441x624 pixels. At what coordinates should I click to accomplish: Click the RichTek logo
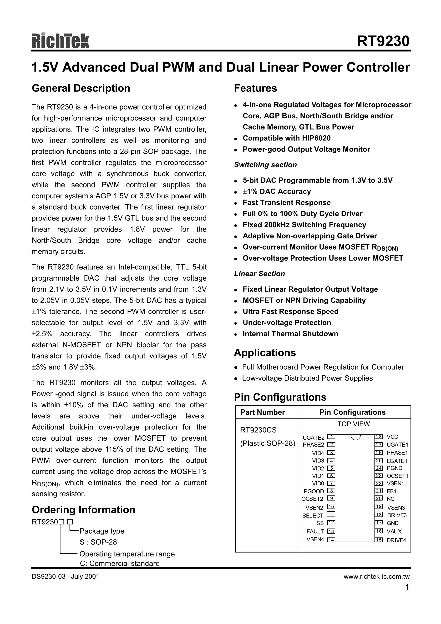pyautogui.click(x=60, y=41)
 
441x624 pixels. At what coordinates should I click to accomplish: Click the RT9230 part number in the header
pyautogui.click(x=383, y=41)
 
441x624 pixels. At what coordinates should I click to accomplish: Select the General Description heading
pyautogui.click(x=81, y=88)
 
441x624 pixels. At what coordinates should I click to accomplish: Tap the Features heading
pyautogui.click(x=255, y=88)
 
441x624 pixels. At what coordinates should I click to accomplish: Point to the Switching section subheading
pyautogui.click(x=265, y=165)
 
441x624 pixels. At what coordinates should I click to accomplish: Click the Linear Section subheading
pyautogui.click(x=259, y=274)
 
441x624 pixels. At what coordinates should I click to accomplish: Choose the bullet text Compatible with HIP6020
pyautogui.click(x=287, y=138)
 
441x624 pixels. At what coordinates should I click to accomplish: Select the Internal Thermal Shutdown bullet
pyautogui.click(x=290, y=334)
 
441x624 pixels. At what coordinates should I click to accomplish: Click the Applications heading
pyautogui.click(x=265, y=353)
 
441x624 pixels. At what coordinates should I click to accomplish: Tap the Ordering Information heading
pyautogui.click(x=83, y=510)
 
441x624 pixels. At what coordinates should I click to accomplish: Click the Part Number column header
pyautogui.click(x=262, y=412)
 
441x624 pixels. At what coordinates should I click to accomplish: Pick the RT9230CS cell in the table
pyautogui.click(x=258, y=430)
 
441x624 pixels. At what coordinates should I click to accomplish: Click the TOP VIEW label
pyautogui.click(x=354, y=424)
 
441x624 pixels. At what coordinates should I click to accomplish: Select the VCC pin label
pyautogui.click(x=392, y=437)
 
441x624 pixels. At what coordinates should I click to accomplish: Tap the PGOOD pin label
pyautogui.click(x=314, y=491)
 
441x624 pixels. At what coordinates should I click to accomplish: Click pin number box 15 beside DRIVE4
pyautogui.click(x=379, y=540)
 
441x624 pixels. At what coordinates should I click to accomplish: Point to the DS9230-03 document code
pyautogui.click(x=48, y=577)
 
